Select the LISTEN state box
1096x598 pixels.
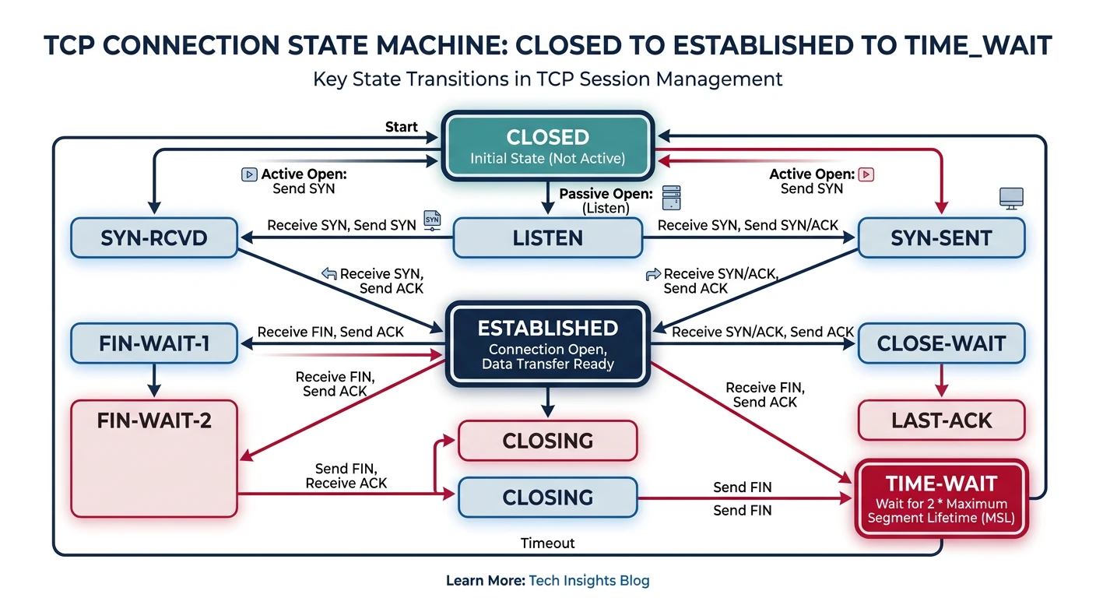tap(547, 237)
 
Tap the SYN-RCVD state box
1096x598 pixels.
tap(154, 237)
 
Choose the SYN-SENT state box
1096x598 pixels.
tap(941, 237)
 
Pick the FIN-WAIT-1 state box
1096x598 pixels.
tap(154, 343)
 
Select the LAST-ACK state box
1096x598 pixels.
tap(941, 420)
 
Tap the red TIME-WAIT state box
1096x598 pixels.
tap(941, 498)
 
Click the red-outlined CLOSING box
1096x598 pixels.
tap(547, 441)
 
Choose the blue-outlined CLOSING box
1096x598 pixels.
tap(547, 498)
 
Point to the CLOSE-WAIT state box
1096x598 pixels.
tap(941, 343)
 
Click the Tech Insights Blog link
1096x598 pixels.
tap(588, 580)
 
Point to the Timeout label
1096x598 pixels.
tap(548, 543)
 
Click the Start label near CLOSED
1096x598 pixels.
tap(402, 127)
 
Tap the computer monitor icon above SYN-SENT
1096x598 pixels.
tap(1011, 198)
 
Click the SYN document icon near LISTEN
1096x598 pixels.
tap(433, 220)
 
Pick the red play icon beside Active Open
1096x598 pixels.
tap(866, 174)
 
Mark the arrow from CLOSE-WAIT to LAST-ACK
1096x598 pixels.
tap(941, 382)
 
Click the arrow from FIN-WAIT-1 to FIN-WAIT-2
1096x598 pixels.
tap(154, 381)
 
